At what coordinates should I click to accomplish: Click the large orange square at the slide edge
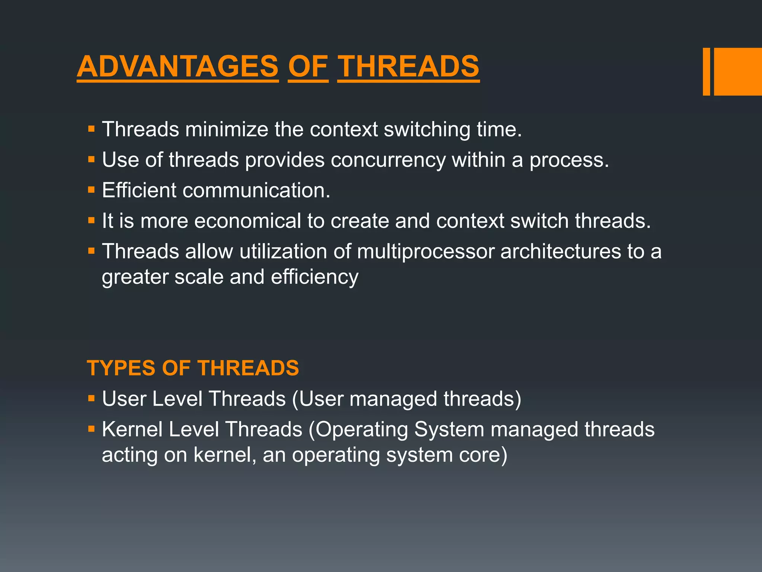[737, 71]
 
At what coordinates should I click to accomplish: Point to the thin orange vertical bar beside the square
[706, 71]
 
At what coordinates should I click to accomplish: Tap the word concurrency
[388, 160]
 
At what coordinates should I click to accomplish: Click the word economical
[247, 221]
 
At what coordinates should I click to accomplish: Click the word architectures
[561, 251]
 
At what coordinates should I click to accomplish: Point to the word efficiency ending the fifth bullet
[314, 277]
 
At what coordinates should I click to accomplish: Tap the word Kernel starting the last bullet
[132, 429]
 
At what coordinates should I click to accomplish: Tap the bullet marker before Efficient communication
[91, 190]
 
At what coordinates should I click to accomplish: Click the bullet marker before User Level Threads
[91, 398]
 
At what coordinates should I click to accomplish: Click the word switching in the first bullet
[427, 130]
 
